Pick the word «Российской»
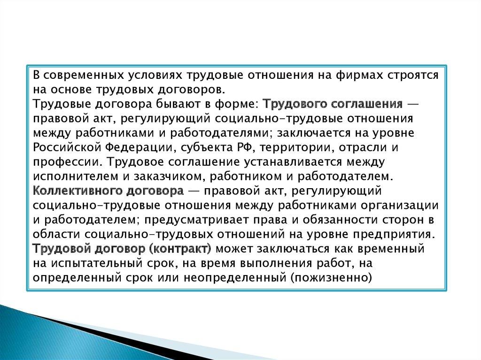pos(67,147)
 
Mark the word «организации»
pos(400,205)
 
